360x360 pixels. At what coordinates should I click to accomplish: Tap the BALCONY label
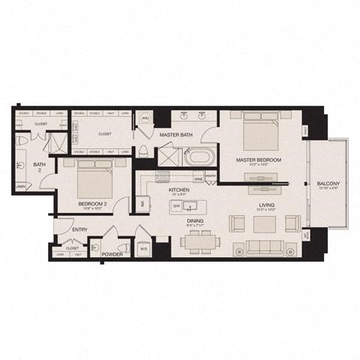tap(328, 184)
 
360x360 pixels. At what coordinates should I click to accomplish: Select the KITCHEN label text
tap(178, 190)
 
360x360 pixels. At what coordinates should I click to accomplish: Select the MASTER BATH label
tap(177, 135)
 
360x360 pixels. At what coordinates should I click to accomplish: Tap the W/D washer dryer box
tap(143, 248)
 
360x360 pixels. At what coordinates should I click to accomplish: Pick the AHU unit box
tap(145, 118)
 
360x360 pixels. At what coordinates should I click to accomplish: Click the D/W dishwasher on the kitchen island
tap(177, 205)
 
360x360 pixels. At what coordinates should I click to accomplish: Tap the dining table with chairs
tap(198, 241)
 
